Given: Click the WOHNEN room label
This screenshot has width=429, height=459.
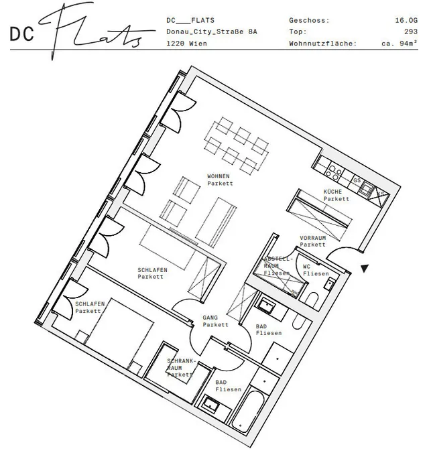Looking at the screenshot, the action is [x=218, y=176].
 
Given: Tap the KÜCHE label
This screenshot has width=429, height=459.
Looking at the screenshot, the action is [x=332, y=192].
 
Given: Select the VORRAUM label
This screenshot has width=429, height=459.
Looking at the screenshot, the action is [x=313, y=238].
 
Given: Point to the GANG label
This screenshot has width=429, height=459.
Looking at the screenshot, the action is [x=210, y=318].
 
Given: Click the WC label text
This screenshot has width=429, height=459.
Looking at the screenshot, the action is [x=306, y=267].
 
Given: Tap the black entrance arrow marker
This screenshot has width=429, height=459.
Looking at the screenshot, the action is [x=365, y=268].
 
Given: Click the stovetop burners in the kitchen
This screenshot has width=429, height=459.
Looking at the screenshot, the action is [x=334, y=172].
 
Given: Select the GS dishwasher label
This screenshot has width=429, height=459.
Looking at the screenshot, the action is [x=357, y=180].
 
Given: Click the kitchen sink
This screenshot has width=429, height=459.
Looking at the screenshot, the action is [x=366, y=188].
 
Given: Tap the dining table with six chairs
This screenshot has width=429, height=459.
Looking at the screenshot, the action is [x=237, y=146].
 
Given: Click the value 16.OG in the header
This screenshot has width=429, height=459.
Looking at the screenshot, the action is [x=406, y=21].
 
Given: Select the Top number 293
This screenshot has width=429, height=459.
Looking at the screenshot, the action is [x=411, y=31].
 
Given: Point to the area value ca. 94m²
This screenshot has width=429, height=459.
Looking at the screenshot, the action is [x=400, y=44].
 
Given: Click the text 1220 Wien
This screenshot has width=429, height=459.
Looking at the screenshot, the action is [x=187, y=44].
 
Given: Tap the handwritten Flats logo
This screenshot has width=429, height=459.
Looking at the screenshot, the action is [x=97, y=31].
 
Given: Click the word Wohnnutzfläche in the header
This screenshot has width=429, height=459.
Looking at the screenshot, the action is [x=322, y=44].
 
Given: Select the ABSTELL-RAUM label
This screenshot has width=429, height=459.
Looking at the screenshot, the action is [x=278, y=266].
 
